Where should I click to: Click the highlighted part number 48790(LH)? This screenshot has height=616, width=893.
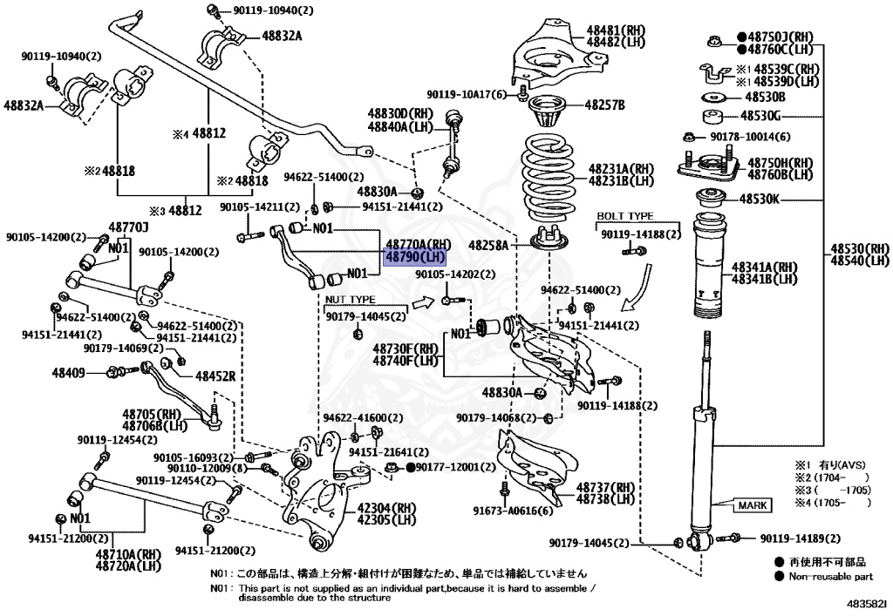(415, 258)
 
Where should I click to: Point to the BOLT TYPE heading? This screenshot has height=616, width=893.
(624, 215)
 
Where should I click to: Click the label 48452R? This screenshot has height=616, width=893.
(215, 376)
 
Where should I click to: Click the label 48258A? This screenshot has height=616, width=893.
(487, 246)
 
